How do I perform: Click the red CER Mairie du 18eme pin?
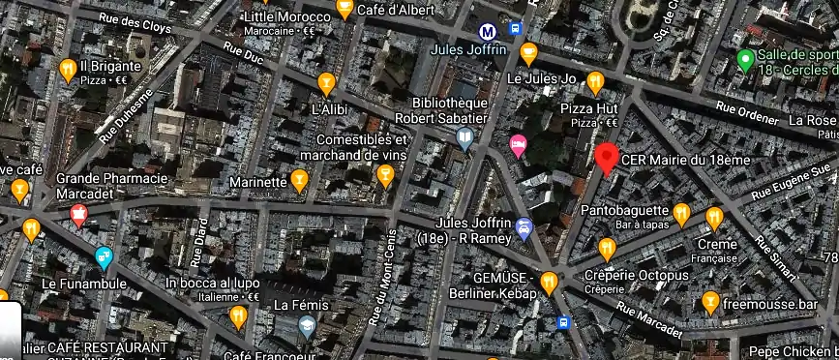click(607, 157)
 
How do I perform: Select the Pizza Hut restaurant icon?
click(596, 80)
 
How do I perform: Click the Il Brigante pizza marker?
click(68, 69)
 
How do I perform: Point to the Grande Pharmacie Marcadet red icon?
click(79, 215)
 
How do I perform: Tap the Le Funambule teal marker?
click(104, 258)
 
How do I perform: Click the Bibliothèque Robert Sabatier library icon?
click(465, 139)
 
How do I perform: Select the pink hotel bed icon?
click(519, 146)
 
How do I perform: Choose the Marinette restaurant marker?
click(300, 179)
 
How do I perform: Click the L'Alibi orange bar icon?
click(326, 82)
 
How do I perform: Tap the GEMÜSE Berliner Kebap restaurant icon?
click(549, 283)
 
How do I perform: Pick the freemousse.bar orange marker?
click(710, 302)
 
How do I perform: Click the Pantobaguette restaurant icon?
click(681, 212)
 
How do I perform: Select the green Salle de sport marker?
click(745, 61)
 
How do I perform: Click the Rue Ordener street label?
click(746, 112)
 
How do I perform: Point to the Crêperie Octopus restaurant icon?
click(608, 249)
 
